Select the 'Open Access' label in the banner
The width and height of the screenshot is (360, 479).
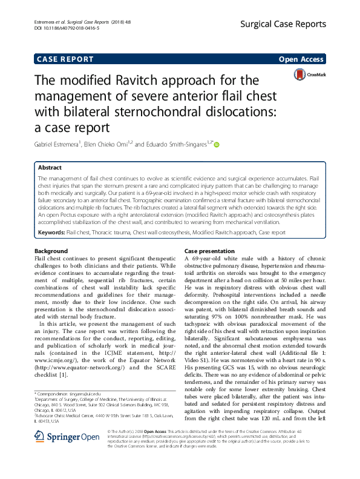(301, 59)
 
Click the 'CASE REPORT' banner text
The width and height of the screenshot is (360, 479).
(65, 59)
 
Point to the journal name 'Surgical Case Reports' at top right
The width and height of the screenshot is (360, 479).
(290, 24)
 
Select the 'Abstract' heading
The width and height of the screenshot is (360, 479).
(50, 167)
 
